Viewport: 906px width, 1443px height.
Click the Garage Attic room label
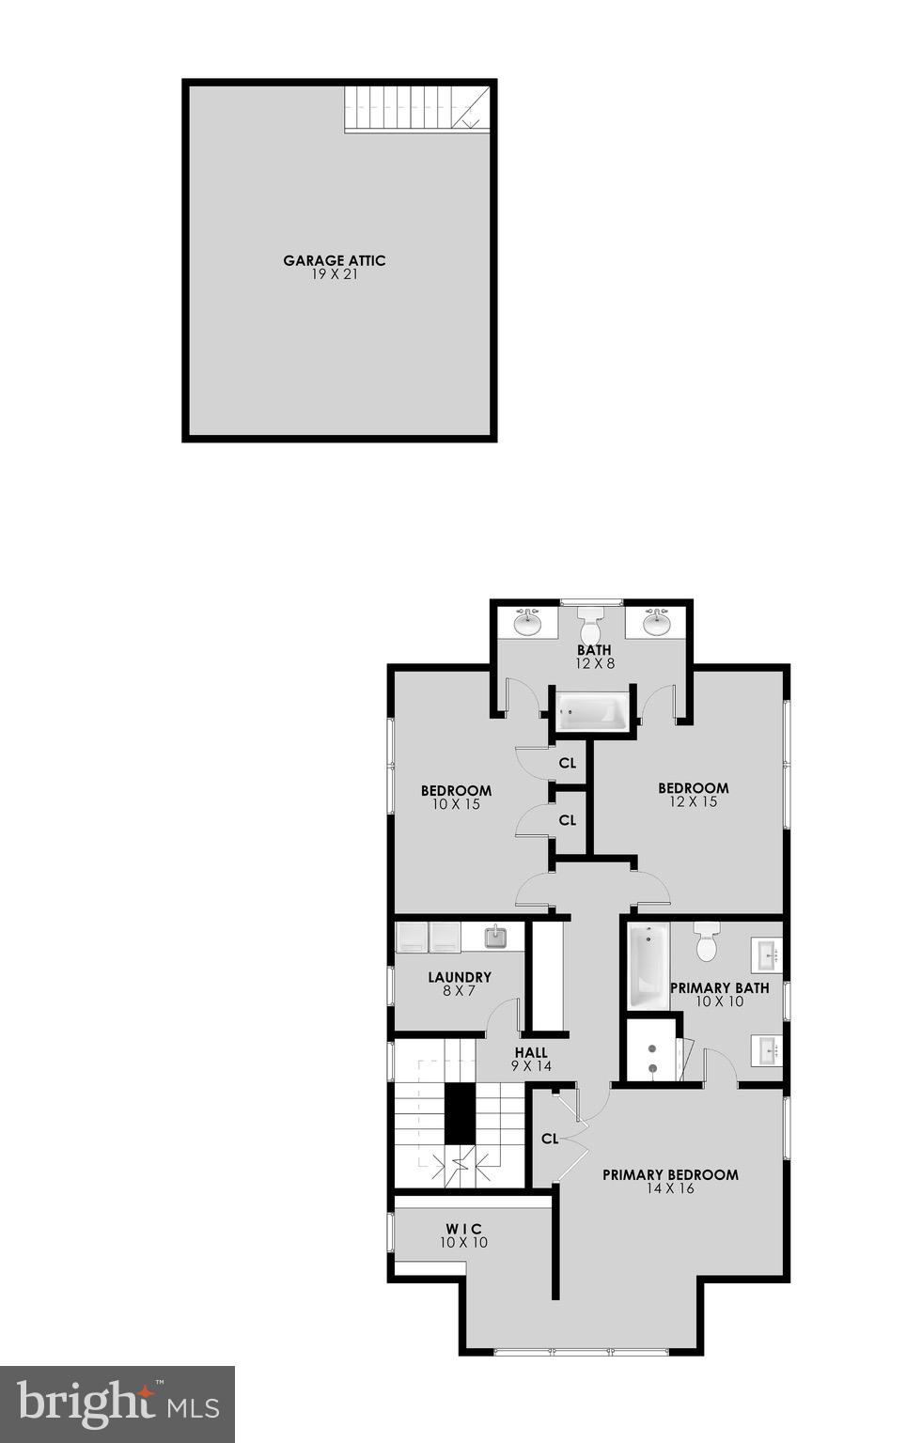pos(335,261)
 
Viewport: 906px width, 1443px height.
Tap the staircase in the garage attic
pos(415,108)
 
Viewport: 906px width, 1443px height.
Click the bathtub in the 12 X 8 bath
pos(592,711)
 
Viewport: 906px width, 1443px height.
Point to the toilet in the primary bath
pos(707,940)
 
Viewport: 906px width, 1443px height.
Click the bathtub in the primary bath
pos(648,965)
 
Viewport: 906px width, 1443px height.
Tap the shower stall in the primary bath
pos(651,1049)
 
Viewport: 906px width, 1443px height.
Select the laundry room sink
pos(495,937)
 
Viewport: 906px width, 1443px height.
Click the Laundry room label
pos(460,977)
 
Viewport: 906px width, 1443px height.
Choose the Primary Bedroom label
pos(670,1174)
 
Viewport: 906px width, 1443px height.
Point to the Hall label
pos(531,1053)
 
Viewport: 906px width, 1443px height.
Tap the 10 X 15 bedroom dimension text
pos(456,804)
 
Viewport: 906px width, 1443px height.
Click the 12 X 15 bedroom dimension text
pos(694,801)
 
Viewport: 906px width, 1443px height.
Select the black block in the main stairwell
pos(460,1113)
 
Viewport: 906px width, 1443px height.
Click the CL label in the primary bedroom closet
pos(550,1139)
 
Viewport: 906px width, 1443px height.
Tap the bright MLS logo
pos(117,1404)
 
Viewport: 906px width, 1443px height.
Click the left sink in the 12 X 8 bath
pos(527,622)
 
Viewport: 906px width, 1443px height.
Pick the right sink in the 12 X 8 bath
pos(656,622)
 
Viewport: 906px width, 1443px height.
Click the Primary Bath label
pos(719,987)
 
